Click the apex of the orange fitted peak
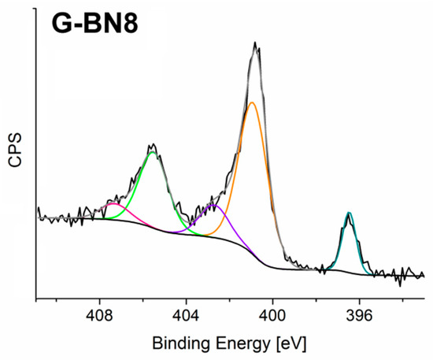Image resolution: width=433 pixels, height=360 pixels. point(252,102)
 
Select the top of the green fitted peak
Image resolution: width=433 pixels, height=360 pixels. point(153,152)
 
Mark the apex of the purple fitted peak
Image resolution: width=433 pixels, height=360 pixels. point(213,206)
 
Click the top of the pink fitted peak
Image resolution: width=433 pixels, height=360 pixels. point(115,204)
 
